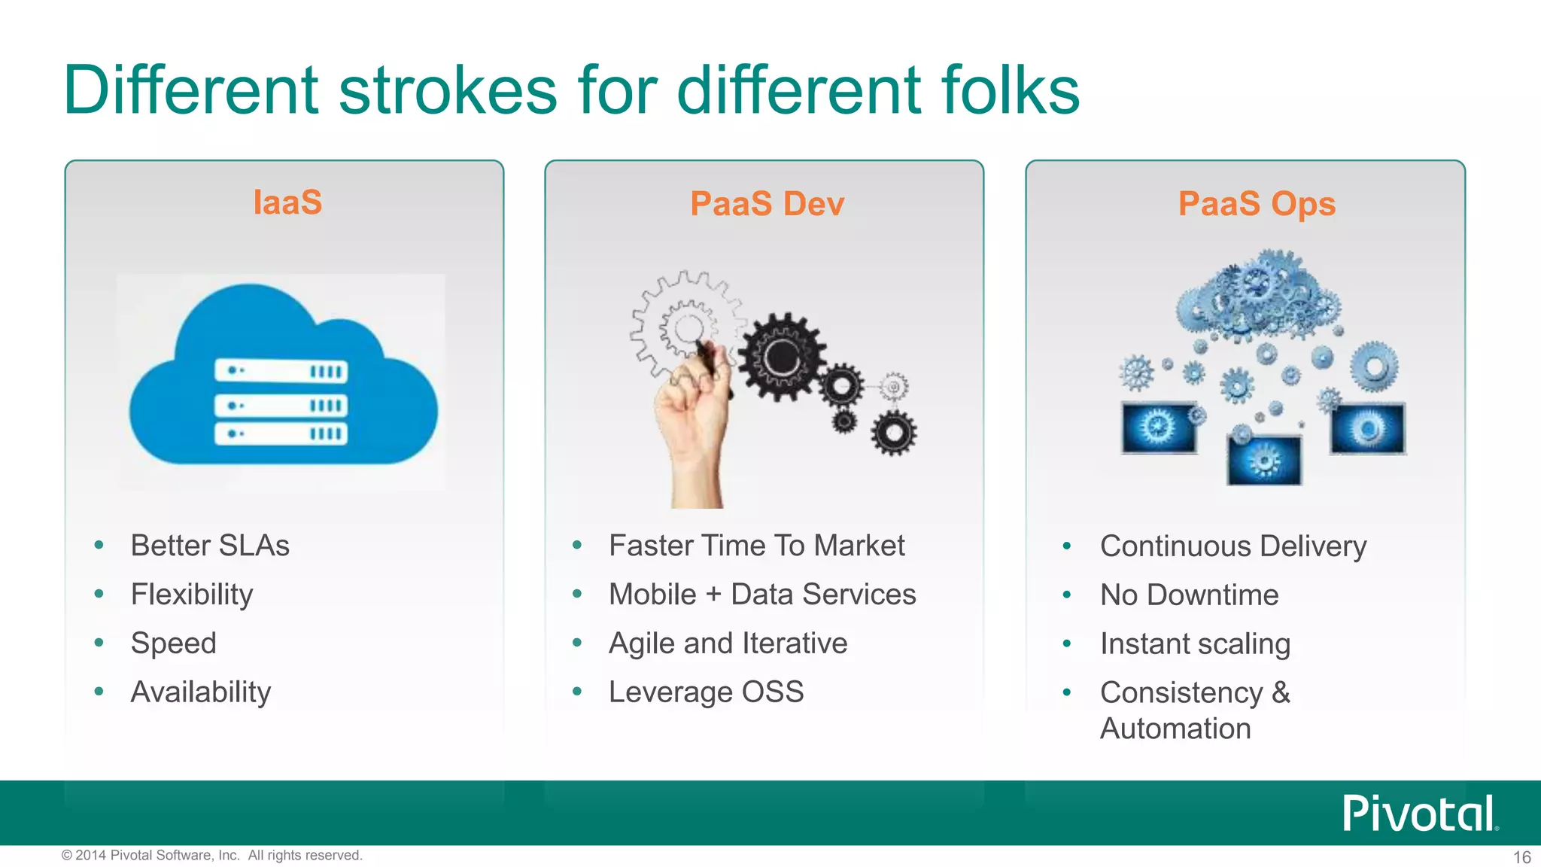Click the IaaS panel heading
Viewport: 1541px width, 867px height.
287,202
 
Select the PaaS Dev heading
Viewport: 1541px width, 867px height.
767,204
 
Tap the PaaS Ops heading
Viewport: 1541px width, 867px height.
1256,204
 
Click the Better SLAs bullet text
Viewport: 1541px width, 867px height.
210,546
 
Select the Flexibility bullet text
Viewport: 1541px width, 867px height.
192,595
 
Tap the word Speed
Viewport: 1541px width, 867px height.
173,643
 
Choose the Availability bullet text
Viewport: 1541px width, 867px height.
201,692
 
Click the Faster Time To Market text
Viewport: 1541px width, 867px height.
756,546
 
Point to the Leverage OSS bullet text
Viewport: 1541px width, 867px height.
706,692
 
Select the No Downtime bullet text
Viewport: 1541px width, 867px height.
1189,595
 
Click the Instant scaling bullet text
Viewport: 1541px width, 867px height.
1195,644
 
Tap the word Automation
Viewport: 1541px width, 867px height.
1175,729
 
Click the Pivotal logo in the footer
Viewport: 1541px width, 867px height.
1419,814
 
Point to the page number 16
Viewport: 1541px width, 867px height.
1521,857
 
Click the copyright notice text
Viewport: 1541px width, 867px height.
211,856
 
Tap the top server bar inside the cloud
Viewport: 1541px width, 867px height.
281,371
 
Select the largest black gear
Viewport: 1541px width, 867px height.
781,357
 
